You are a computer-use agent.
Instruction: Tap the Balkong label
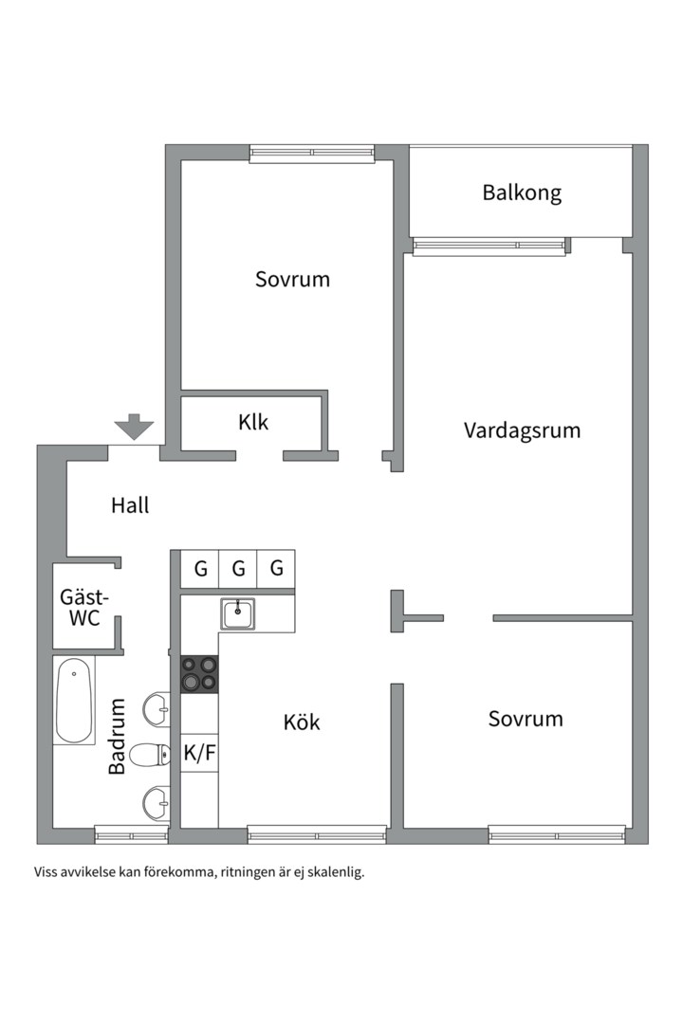coord(522,192)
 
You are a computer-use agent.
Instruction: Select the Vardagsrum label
coord(522,430)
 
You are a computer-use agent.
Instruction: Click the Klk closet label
coord(253,422)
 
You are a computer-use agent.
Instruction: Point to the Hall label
coord(130,505)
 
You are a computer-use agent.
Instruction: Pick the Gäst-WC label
coord(84,608)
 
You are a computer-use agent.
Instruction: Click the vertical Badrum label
coord(117,736)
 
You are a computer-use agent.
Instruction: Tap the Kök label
coord(302,722)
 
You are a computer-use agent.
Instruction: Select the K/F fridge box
coord(199,753)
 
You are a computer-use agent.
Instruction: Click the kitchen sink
coord(237,613)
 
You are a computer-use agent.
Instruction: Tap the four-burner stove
coord(199,674)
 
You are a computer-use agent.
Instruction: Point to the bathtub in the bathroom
coord(74,702)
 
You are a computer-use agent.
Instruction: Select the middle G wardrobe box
coord(238,569)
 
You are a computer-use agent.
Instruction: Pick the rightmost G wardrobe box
coord(276,569)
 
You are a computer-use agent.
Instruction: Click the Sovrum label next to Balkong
coord(292,280)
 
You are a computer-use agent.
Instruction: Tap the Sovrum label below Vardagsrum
coord(526,719)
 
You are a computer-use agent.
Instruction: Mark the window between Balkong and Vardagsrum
coord(489,247)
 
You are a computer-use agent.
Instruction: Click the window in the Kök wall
coord(317,834)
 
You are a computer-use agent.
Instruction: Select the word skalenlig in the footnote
coord(331,872)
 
